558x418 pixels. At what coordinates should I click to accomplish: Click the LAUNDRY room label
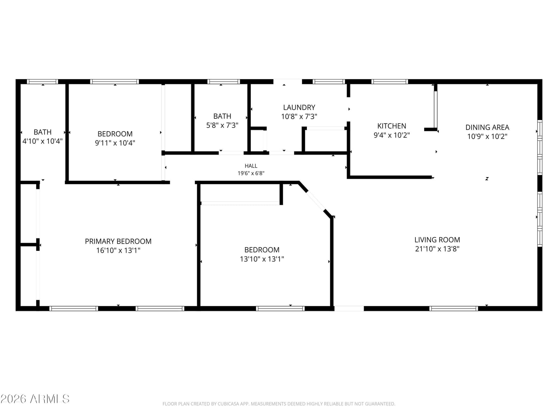299,107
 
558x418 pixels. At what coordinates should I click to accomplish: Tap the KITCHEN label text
392,126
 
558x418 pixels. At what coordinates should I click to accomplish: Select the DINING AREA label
487,127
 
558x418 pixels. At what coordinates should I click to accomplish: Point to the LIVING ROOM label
437,240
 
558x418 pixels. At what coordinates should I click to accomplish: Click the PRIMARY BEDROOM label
118,241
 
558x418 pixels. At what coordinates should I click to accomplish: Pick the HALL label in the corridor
251,166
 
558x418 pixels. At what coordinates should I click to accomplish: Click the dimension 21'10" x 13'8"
437,249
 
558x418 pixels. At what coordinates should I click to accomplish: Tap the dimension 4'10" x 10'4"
43,141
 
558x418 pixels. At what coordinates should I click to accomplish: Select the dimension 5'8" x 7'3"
222,125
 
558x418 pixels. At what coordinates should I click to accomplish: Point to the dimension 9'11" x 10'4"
115,143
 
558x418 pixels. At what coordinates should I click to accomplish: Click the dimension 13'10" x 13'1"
262,259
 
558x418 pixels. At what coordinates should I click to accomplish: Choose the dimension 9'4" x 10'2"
392,135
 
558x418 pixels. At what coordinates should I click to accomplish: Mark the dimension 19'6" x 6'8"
251,173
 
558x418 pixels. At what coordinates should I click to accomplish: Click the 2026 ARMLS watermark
35,399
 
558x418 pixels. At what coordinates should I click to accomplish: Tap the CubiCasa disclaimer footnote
279,404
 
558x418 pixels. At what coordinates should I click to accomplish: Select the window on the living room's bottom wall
453,309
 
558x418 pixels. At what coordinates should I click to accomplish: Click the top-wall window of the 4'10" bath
43,82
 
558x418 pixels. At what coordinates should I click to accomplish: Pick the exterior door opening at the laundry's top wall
287,82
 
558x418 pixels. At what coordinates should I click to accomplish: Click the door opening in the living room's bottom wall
349,309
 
